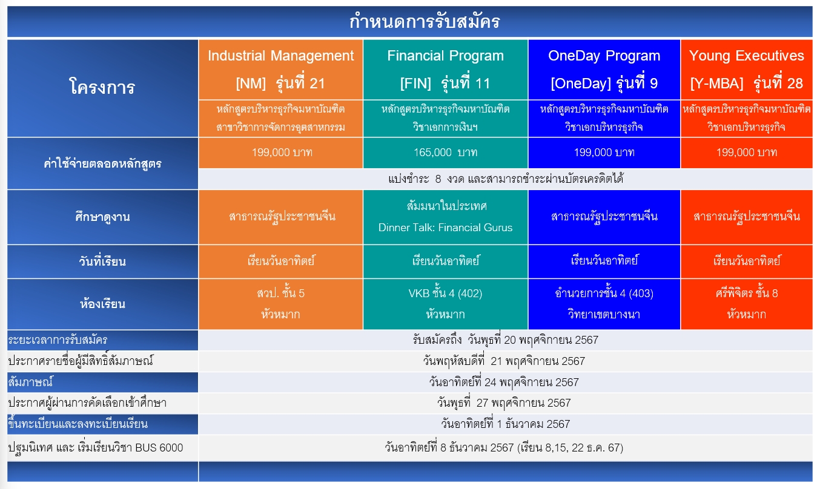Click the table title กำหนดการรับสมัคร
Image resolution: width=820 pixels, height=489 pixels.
pos(425,21)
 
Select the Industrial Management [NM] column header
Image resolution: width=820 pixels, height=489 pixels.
pos(281,70)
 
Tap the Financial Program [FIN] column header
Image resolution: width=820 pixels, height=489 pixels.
pos(446,70)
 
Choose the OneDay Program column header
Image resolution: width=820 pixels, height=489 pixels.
pos(604,70)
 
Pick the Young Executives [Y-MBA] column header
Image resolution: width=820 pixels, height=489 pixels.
pos(747,70)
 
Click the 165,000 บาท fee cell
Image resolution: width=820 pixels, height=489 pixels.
pos(446,152)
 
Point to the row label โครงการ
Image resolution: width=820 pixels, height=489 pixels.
pos(102,87)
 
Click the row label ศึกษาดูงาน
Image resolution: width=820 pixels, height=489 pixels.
pos(102,217)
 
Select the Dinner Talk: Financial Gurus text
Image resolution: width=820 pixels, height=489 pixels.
pos(446,228)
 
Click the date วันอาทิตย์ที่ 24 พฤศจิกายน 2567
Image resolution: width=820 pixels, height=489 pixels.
pos(504,382)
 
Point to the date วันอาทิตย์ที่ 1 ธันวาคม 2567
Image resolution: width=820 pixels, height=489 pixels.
pos(505,424)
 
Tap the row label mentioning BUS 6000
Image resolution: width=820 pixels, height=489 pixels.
pos(96,448)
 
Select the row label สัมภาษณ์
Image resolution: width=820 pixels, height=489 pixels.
pos(30,382)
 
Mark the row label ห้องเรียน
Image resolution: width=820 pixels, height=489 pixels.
pos(102,304)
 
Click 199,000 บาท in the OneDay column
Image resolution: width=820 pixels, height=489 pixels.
pos(604,152)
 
